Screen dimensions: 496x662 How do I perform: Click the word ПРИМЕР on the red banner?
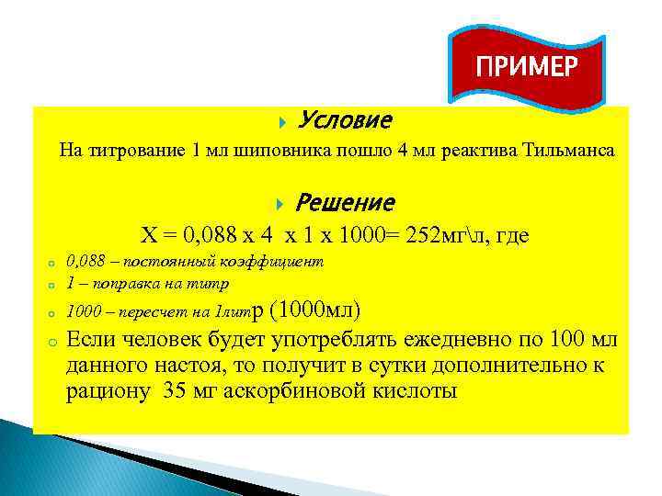click(x=526, y=67)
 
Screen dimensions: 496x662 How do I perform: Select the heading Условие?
click(x=346, y=120)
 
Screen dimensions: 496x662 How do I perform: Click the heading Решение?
click(x=348, y=202)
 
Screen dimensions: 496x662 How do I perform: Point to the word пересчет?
click(x=138, y=310)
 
